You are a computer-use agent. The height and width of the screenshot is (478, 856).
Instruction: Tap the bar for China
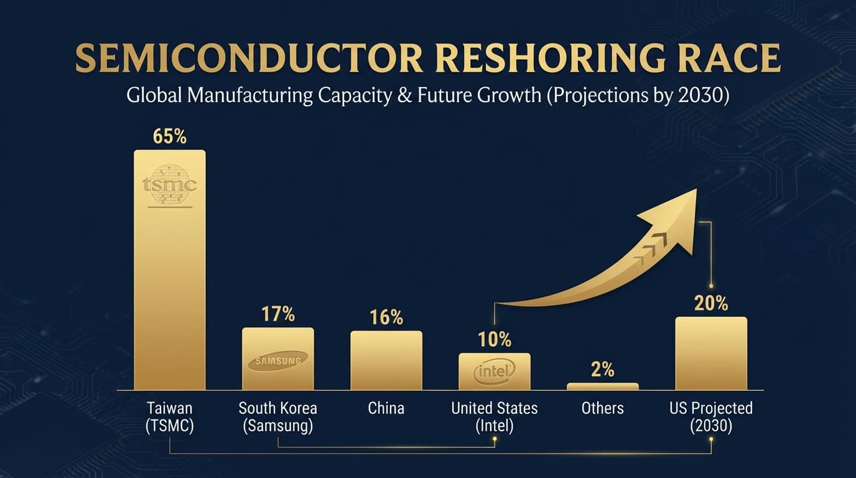pyautogui.click(x=386, y=360)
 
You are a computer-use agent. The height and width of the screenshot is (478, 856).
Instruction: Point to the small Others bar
pyautogui.click(x=602, y=387)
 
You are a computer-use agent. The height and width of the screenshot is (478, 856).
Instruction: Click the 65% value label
pyautogui.click(x=169, y=136)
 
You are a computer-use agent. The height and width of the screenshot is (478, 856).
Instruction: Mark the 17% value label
pyautogui.click(x=277, y=314)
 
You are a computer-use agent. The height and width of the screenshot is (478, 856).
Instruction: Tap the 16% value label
pyautogui.click(x=386, y=317)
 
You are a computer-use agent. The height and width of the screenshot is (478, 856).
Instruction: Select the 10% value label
pyautogui.click(x=495, y=340)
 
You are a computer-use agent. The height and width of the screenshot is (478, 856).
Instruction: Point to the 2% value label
pyautogui.click(x=602, y=370)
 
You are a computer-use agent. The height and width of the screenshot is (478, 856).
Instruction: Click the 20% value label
pyautogui.click(x=710, y=303)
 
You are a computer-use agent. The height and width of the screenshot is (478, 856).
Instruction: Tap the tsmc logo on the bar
pyautogui.click(x=169, y=185)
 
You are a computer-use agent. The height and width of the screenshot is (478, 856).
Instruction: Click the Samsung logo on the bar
pyautogui.click(x=277, y=361)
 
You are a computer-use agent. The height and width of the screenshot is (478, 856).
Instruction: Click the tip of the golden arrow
pyautogui.click(x=695, y=190)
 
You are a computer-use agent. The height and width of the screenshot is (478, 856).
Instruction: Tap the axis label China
pyautogui.click(x=386, y=408)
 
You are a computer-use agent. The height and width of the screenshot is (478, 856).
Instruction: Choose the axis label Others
pyautogui.click(x=602, y=408)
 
